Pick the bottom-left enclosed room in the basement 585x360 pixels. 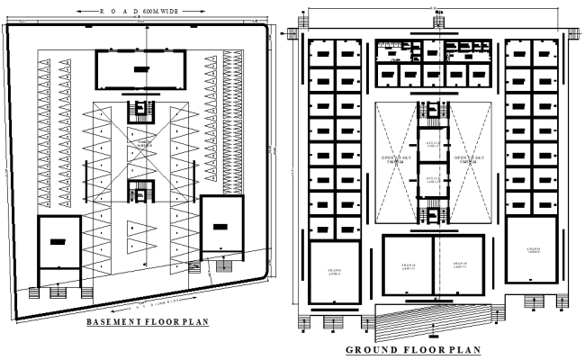(x=59, y=240)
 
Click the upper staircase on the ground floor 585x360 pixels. (x=434, y=115)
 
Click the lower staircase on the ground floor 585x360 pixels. (x=434, y=216)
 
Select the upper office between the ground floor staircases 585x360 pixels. (x=434, y=147)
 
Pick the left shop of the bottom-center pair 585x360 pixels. (x=408, y=265)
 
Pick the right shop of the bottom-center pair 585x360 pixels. (x=460, y=265)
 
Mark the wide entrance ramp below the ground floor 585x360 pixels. (x=434, y=314)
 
